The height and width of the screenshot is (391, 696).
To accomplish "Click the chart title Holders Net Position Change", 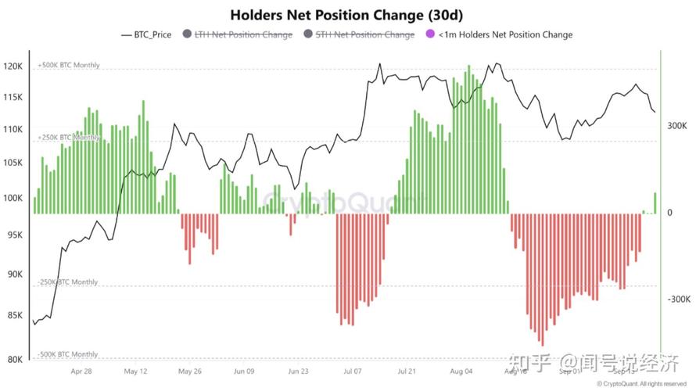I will click(347, 15).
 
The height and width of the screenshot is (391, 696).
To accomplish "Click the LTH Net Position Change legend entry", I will click(243, 34).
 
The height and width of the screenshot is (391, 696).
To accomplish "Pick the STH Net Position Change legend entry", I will click(364, 34).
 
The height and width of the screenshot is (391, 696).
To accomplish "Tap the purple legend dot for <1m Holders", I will click(429, 34).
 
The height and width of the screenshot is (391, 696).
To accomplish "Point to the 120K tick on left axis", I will click(13, 66).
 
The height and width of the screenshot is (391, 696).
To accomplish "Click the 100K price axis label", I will click(13, 198).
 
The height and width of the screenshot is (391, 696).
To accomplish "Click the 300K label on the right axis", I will click(677, 125).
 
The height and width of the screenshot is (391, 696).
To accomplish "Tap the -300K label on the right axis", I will click(676, 300).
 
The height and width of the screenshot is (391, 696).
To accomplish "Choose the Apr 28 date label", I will click(81, 372).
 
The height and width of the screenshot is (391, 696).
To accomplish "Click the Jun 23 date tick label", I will click(298, 372).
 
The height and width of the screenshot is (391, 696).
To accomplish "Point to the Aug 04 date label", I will click(461, 372).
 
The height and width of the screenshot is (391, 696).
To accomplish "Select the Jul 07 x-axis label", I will click(353, 372).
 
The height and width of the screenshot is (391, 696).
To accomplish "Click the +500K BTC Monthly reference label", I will click(69, 65).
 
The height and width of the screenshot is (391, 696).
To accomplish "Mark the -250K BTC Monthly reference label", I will click(68, 282).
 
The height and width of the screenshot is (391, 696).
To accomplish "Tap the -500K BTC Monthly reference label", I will click(68, 354).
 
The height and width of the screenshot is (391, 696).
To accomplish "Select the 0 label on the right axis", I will click(669, 213).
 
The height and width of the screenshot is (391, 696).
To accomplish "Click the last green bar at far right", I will click(655, 203).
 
